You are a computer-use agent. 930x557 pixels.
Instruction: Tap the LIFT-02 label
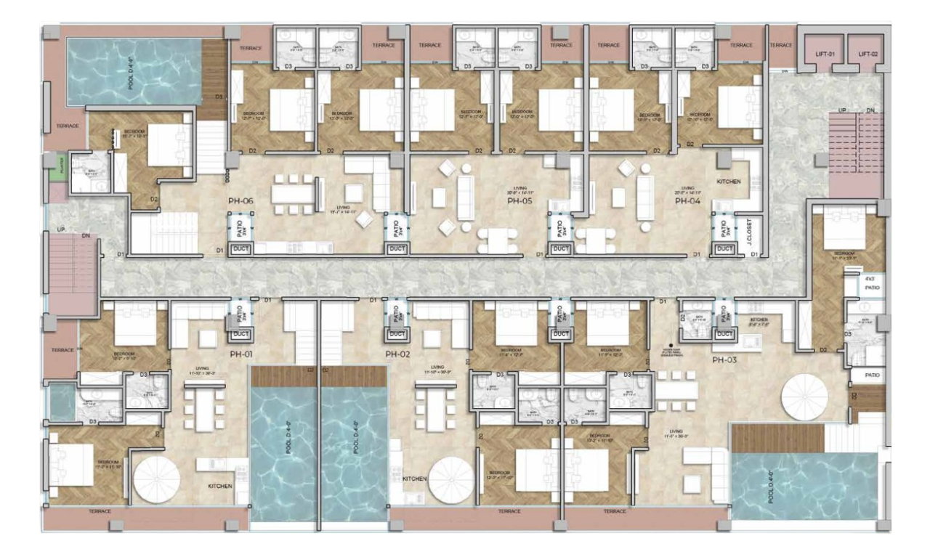tap(868, 54)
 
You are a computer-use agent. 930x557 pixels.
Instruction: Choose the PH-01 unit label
tap(240, 354)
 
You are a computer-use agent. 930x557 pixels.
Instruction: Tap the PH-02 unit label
tap(397, 354)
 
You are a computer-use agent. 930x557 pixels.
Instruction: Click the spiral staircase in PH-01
tap(156, 480)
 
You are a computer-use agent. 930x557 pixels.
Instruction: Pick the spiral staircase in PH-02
tap(451, 480)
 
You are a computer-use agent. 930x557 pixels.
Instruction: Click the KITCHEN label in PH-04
tap(728, 182)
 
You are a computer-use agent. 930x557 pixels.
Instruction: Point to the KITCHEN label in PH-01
tap(219, 486)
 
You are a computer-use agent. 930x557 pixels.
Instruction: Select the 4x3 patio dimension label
tap(870, 279)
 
